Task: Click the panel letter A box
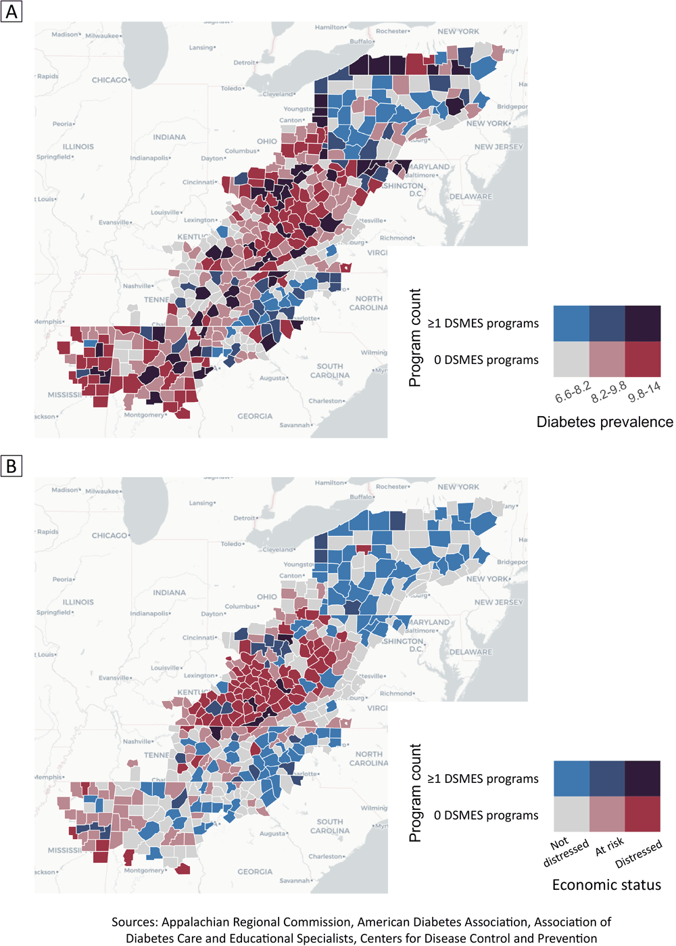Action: click(11, 11)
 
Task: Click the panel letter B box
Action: click(11, 466)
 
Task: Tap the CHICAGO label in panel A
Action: click(110, 80)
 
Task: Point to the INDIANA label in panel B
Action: click(169, 593)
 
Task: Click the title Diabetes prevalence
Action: click(604, 422)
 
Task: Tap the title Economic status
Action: click(606, 885)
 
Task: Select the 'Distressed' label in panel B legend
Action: click(638, 854)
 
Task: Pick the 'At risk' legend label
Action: click(609, 847)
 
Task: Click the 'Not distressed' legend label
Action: click(565, 851)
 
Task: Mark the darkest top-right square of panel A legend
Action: click(643, 323)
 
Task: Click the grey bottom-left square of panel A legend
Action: click(571, 359)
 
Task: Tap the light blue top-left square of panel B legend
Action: click(571, 778)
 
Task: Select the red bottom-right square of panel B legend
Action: click(643, 814)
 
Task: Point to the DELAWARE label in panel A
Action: click(471, 197)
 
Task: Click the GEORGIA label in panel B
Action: click(255, 872)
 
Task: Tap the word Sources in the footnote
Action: click(135, 922)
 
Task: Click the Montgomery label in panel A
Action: click(144, 415)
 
